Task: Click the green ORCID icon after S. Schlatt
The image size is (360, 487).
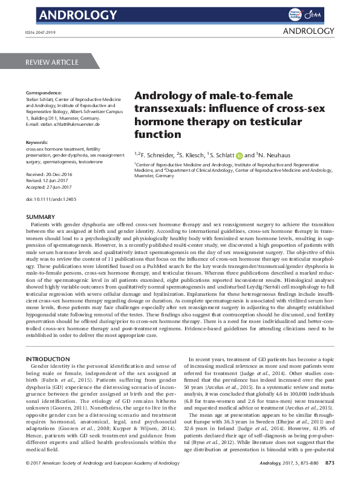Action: (239, 154)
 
